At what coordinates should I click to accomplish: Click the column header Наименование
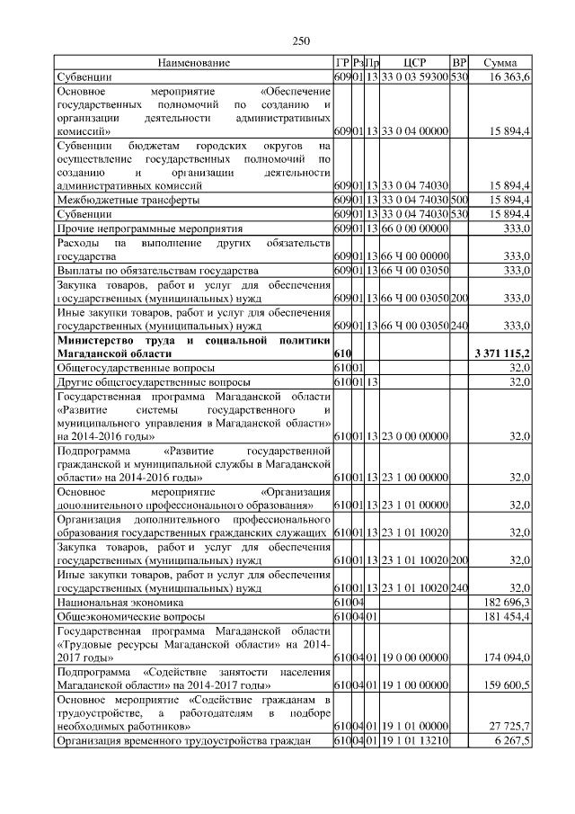[193, 63]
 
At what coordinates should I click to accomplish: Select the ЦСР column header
[414, 63]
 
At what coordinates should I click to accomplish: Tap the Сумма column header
[500, 63]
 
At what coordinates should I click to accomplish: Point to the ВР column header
[459, 63]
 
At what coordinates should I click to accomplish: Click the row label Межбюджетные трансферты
[128, 200]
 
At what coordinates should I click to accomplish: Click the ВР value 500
[459, 200]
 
